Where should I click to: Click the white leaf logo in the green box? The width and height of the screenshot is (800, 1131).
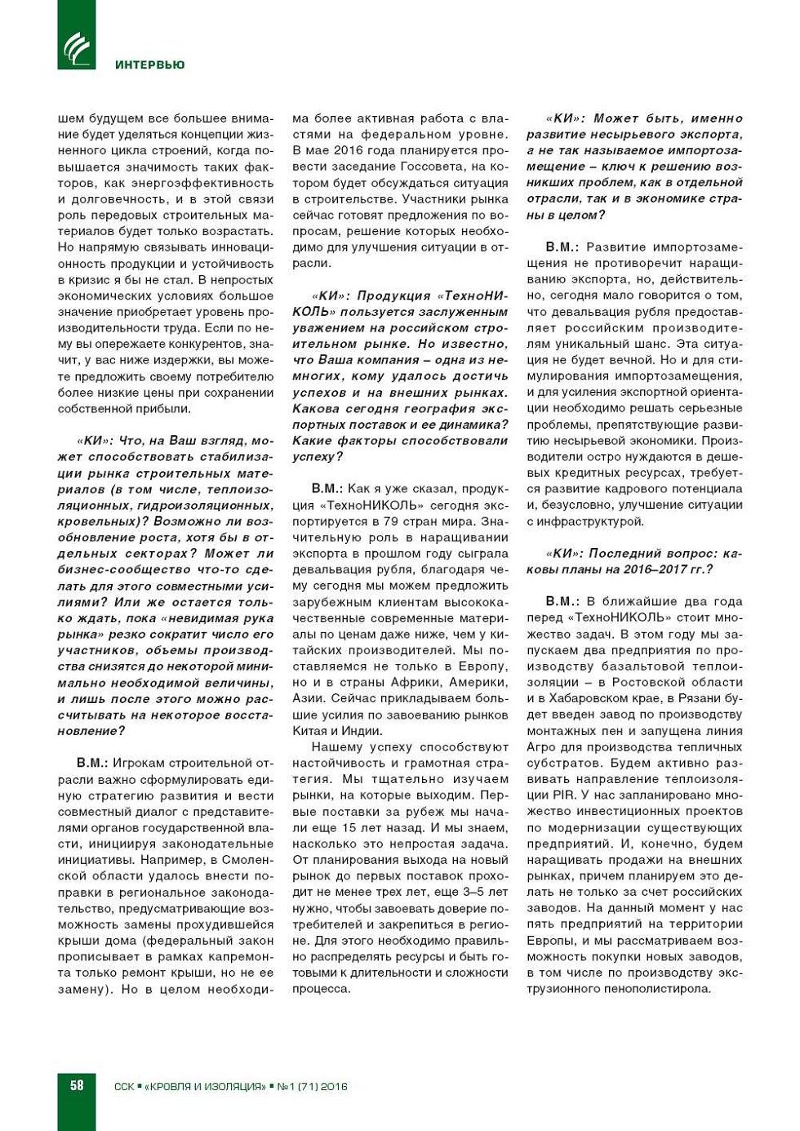click(77, 47)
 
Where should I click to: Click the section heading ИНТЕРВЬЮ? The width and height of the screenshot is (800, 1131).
click(149, 65)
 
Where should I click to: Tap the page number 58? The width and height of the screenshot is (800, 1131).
click(77, 1085)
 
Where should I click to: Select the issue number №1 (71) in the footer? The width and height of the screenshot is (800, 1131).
click(297, 1086)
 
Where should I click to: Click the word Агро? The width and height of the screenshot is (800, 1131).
click(543, 746)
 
